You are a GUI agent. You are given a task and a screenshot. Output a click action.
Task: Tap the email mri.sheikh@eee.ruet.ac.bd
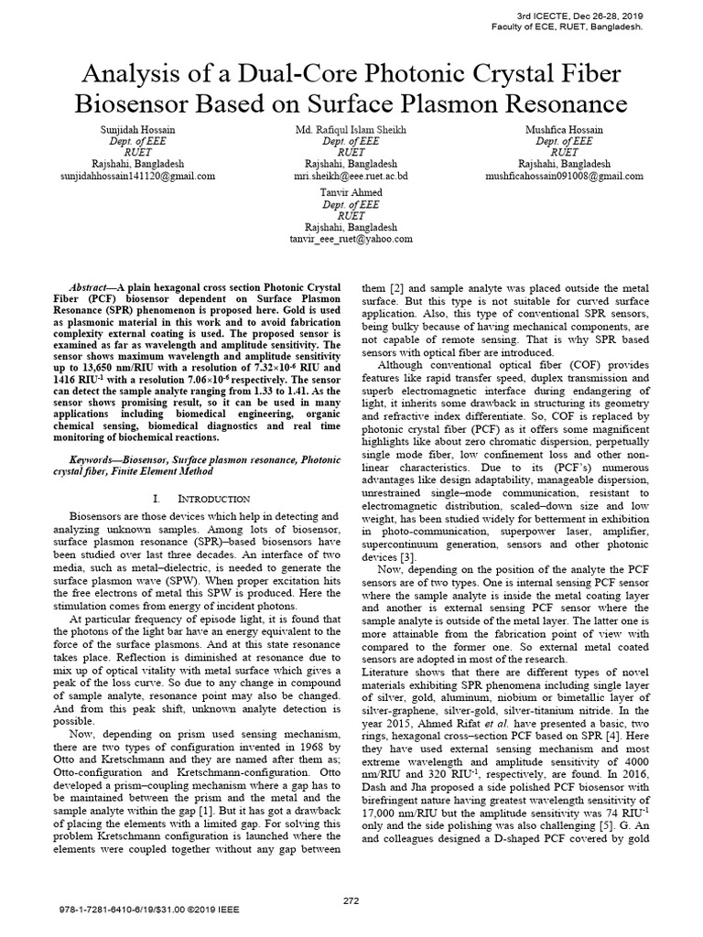(x=351, y=174)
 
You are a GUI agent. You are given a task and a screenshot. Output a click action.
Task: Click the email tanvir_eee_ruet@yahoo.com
(x=351, y=239)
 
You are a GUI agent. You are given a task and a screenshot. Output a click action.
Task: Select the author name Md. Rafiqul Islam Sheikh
(x=351, y=131)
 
